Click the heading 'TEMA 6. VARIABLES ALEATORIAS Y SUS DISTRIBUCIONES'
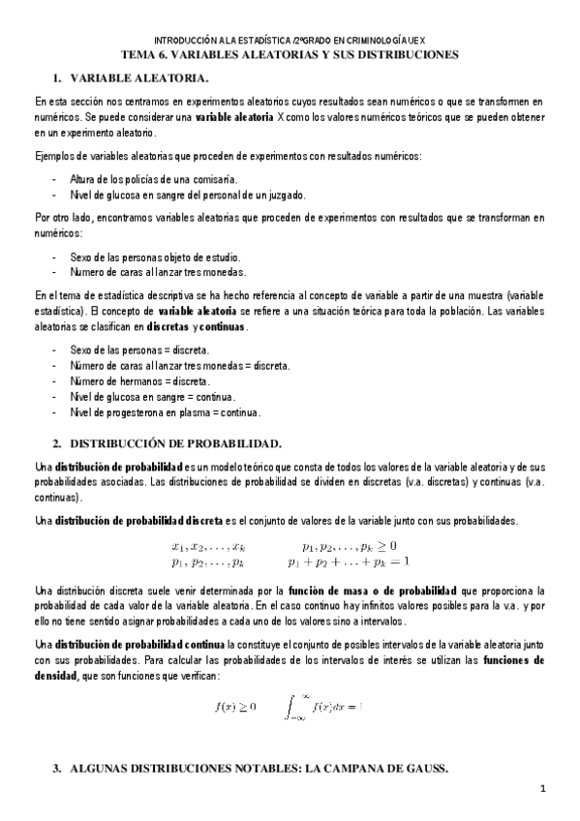tap(290, 54)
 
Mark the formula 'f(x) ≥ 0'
tap(235, 679)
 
